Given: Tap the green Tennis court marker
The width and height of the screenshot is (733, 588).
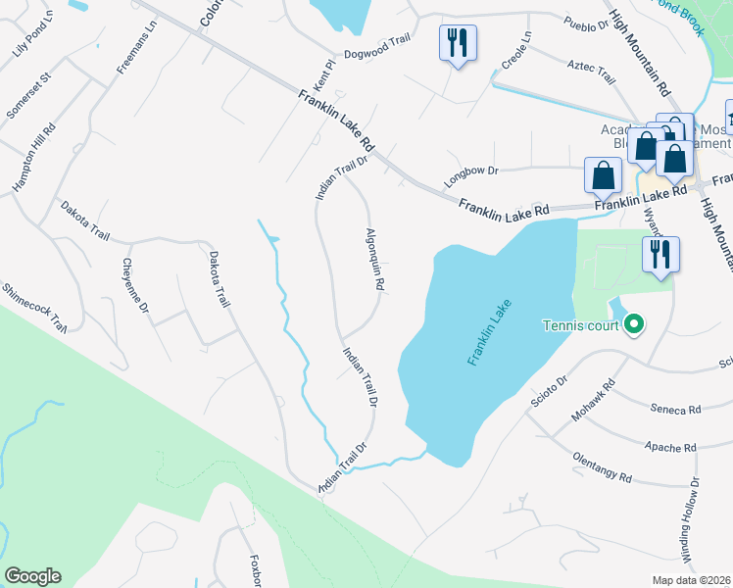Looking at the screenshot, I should pyautogui.click(x=634, y=323).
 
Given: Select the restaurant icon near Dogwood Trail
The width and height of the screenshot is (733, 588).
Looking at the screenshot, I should pyautogui.click(x=458, y=43).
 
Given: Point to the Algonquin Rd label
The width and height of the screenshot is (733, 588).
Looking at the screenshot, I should pyautogui.click(x=373, y=259).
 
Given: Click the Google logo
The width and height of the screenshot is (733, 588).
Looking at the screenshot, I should pyautogui.click(x=32, y=576).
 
